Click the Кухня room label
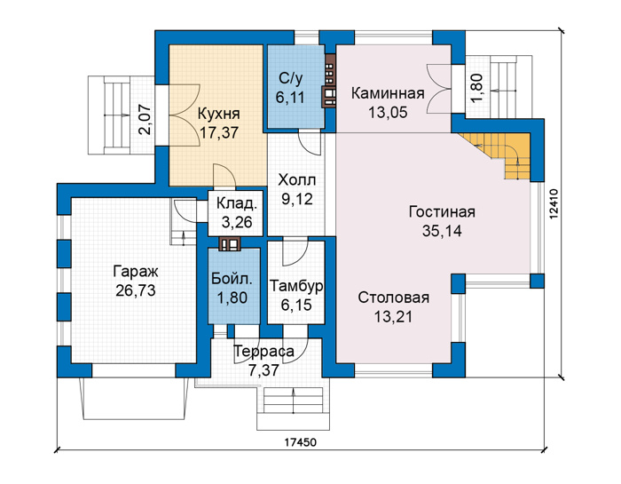click(218, 114)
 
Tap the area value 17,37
click(218, 133)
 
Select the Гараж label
click(136, 272)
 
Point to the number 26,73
click(136, 290)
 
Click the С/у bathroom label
click(291, 78)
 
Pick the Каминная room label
click(388, 93)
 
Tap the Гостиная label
click(442, 211)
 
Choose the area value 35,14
click(442, 231)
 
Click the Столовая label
click(394, 298)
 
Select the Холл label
click(296, 180)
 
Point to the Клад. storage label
click(237, 203)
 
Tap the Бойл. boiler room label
click(232, 279)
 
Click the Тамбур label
click(296, 286)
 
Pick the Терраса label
click(263, 352)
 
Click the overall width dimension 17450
click(300, 441)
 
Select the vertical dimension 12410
click(554, 203)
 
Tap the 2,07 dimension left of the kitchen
click(145, 119)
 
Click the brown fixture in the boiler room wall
click(230, 244)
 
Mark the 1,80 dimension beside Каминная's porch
click(476, 89)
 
